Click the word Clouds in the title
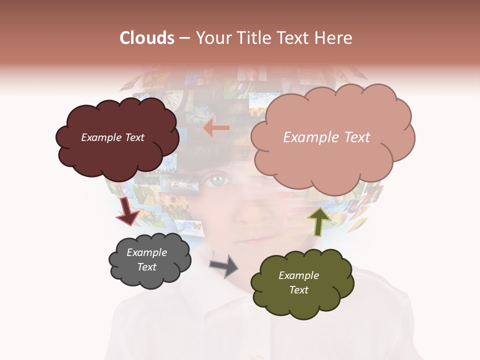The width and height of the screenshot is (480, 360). point(147,38)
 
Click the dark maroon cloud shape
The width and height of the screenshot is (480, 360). point(116,150)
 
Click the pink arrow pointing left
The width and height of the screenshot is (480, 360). point(216,128)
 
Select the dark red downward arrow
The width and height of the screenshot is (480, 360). point(127,211)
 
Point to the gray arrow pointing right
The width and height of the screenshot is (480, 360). point(224,265)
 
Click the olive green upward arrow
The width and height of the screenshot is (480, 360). point(318,221)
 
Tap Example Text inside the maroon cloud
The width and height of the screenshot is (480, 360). point(112,137)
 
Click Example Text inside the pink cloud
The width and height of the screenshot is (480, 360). point(326,137)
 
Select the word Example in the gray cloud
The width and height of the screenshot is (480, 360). point(146,252)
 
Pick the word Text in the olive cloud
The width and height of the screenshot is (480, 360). point(298,290)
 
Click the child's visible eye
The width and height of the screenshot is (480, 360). point(216,180)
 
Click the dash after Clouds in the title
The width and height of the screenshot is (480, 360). point(184,38)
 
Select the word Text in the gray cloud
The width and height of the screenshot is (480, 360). point(146,267)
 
